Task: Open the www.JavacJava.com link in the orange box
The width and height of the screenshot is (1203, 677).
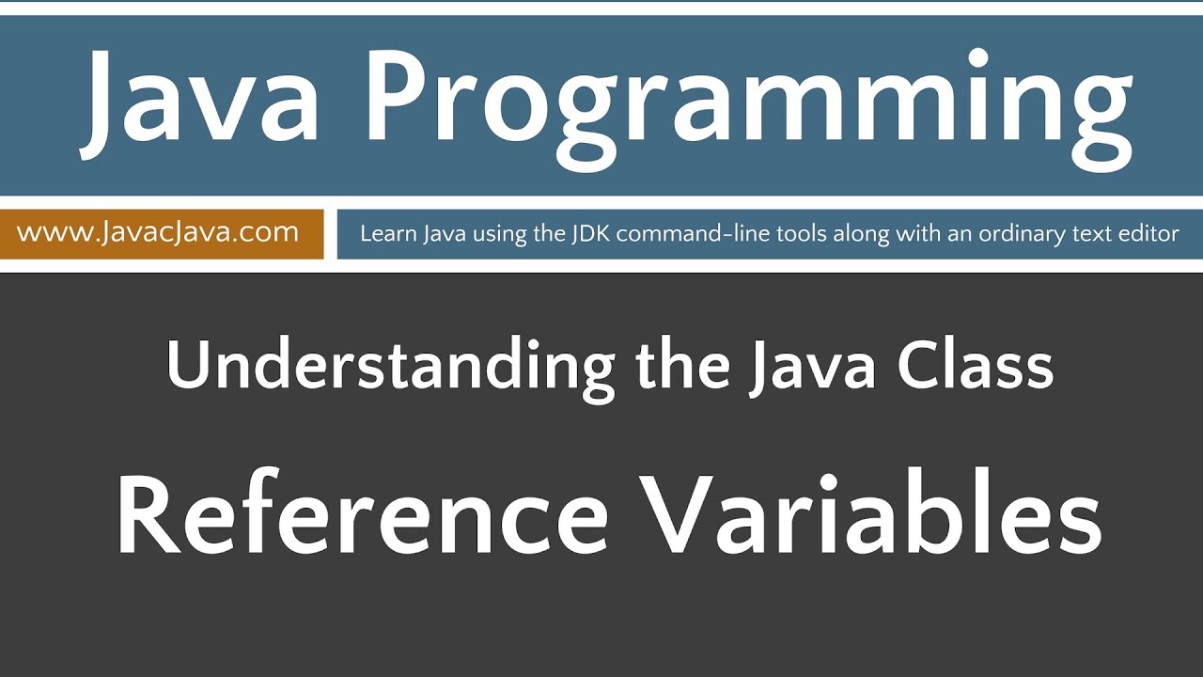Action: [158, 232]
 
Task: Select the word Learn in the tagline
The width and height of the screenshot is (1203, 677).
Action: [384, 233]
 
